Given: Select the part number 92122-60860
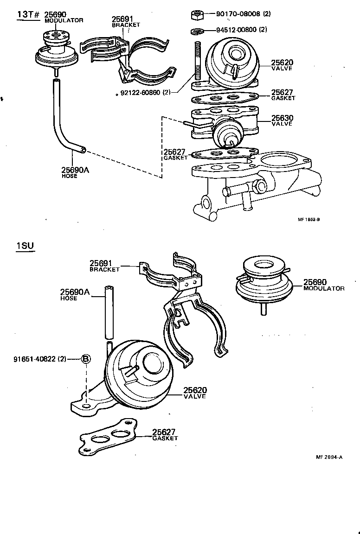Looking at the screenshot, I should point(140,92).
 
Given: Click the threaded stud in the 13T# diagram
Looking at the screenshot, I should point(197,63).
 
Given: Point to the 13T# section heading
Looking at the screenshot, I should point(28,14).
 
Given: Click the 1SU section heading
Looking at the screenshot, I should point(25,246).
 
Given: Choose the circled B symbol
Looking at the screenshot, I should point(86,358).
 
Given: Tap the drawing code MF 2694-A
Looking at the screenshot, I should point(329,457).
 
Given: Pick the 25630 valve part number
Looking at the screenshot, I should point(282,118).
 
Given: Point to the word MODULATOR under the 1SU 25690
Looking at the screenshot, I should point(324,288).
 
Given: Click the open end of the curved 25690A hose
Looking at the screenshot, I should point(82,149).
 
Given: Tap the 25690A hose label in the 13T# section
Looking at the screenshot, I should point(75,170).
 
